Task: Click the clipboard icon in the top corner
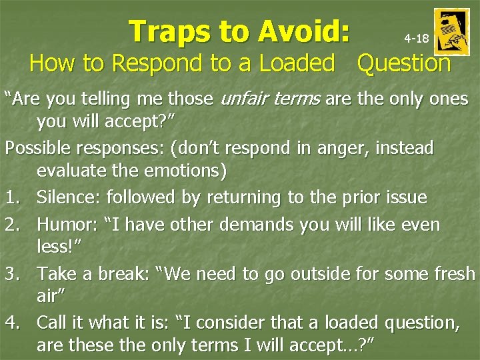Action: pyautogui.click(x=451, y=31)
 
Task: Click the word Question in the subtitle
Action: pyautogui.click(x=404, y=63)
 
